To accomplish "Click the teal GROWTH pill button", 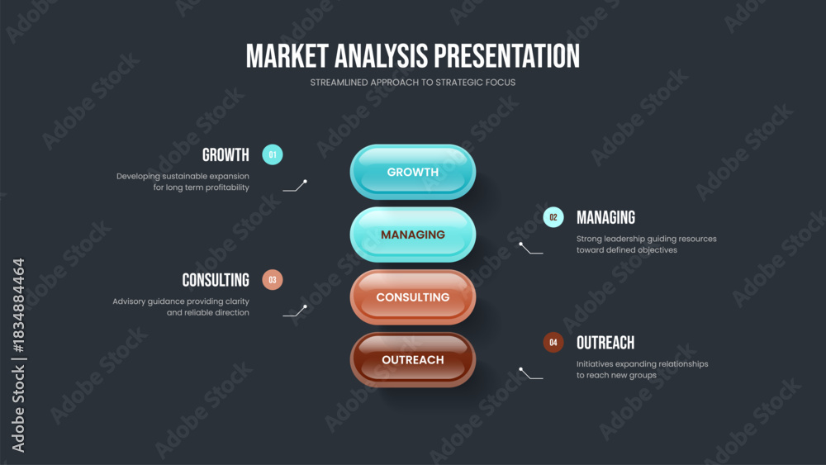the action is point(412,172).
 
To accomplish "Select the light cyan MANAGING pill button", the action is point(412,235).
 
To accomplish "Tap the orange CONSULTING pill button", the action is point(412,297).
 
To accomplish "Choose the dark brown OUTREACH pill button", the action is point(412,359).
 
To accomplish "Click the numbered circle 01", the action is point(273,154).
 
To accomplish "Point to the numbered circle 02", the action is point(553,217).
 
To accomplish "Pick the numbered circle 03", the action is point(273,280).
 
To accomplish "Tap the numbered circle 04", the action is point(553,342).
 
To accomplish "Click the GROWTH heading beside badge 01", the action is point(225,154).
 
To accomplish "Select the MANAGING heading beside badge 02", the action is point(605,217).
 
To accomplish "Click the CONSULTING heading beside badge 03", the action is point(216,280).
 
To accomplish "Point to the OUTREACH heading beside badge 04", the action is point(605,343).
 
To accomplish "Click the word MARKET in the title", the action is point(287,56).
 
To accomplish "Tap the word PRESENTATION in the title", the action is point(506,56).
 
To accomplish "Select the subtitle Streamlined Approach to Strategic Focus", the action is point(412,82).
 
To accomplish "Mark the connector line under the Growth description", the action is point(295,187).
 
